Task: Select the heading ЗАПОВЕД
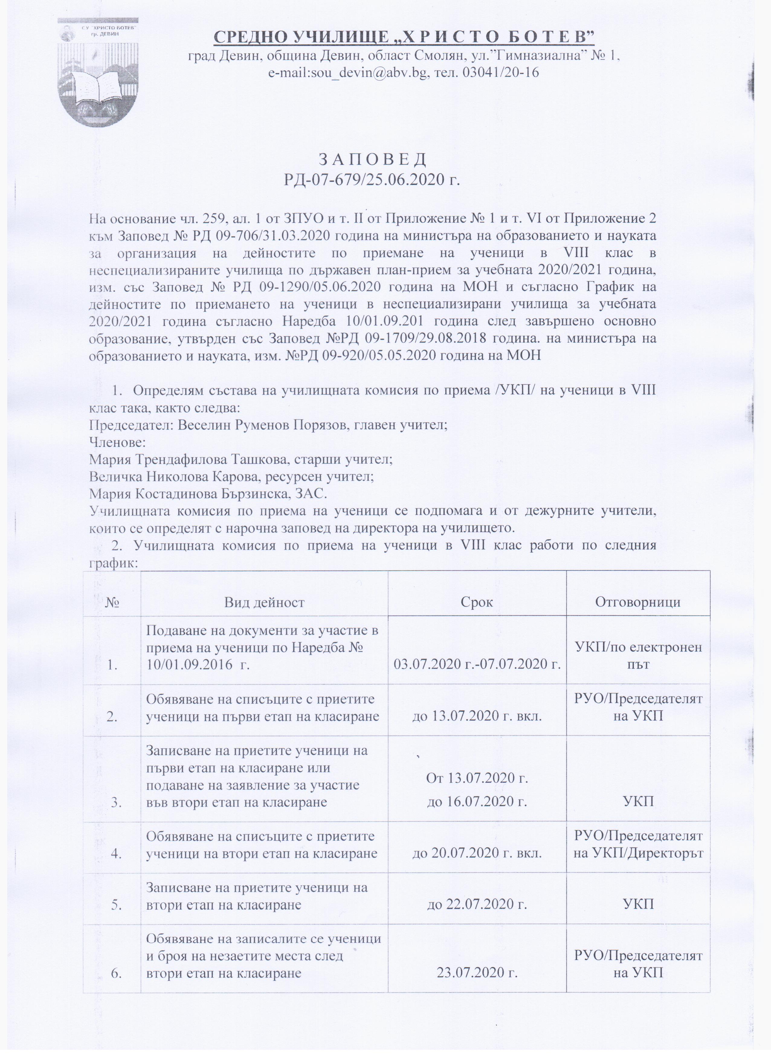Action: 372,160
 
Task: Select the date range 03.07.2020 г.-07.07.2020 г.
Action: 477,665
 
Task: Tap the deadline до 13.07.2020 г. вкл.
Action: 477,716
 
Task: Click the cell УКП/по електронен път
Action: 638,656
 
